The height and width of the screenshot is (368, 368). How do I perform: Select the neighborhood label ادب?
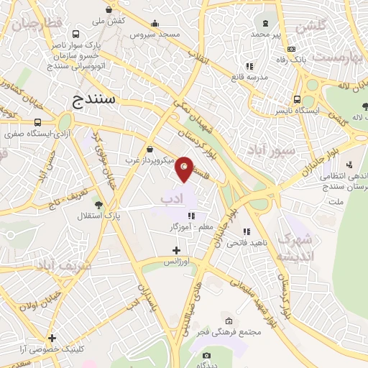pyautogui.click(x=172, y=197)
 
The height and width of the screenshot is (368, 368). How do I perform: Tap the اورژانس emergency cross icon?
pyautogui.click(x=176, y=250)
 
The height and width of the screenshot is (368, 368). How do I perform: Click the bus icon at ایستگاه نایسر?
pyautogui.click(x=297, y=101)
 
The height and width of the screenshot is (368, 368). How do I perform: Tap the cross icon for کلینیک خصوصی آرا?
pyautogui.click(x=52, y=338)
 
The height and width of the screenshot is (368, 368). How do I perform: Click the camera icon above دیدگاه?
pyautogui.click(x=207, y=356)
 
